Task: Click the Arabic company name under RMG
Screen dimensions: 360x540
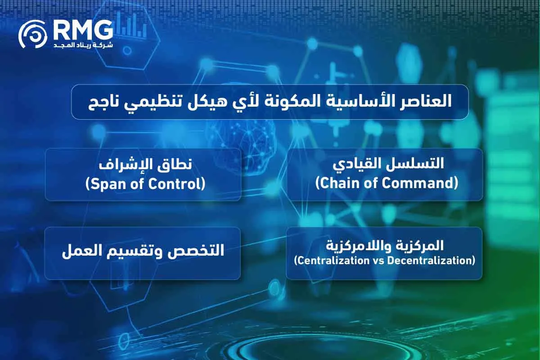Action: pyautogui.click(x=83, y=46)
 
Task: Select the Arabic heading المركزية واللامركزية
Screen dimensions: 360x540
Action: pyautogui.click(x=385, y=246)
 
